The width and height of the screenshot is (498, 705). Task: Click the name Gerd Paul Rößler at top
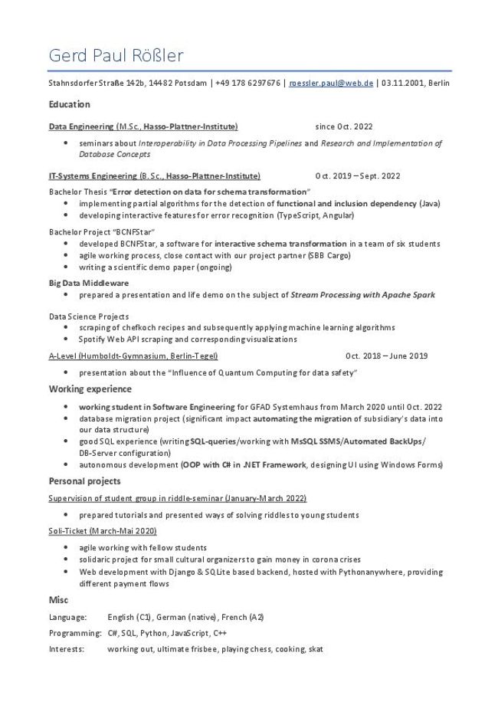pyautogui.click(x=116, y=56)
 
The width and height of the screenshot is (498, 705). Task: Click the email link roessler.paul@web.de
pyautogui.click(x=331, y=83)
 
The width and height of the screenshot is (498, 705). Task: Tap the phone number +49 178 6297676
pyautogui.click(x=248, y=83)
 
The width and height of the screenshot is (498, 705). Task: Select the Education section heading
pyautogui.click(x=69, y=104)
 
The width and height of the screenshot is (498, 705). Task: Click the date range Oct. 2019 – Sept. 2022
pyautogui.click(x=357, y=176)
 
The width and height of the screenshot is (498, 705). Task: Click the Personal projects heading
pyautogui.click(x=84, y=481)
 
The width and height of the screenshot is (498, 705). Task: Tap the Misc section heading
pyautogui.click(x=58, y=600)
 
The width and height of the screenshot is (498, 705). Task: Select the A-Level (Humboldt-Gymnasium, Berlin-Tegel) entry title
pyautogui.click(x=133, y=356)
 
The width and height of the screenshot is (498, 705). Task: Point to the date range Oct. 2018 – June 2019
pyautogui.click(x=386, y=356)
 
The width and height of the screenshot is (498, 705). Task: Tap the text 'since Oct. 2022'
pyautogui.click(x=343, y=126)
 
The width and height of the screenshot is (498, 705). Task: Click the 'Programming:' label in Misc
pyautogui.click(x=74, y=634)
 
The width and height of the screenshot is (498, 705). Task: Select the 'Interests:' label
pyautogui.click(x=67, y=649)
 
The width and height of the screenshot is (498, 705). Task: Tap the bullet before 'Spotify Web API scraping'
pyautogui.click(x=68, y=339)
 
